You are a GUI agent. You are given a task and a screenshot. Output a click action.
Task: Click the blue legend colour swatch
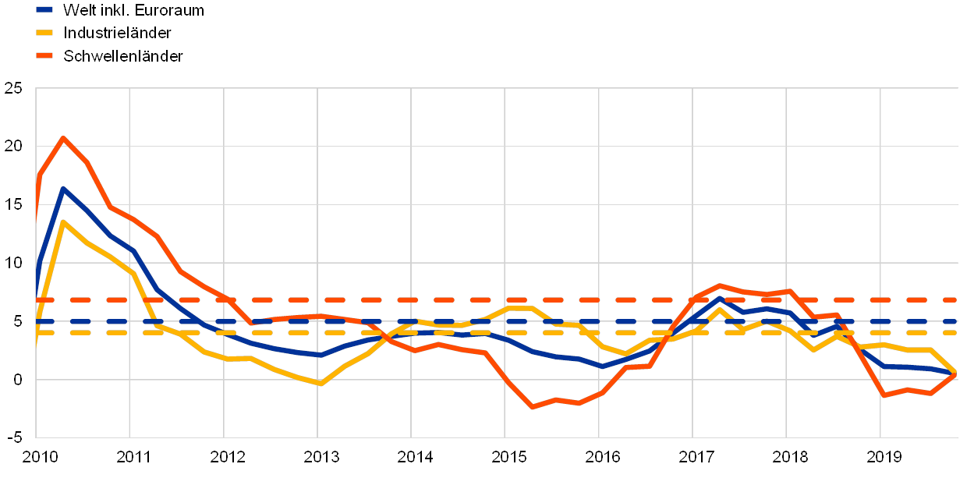pyautogui.click(x=44, y=10)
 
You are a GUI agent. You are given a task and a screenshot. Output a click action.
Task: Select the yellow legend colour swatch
pyautogui.click(x=44, y=33)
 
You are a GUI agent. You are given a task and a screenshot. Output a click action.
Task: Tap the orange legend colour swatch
pyautogui.click(x=44, y=55)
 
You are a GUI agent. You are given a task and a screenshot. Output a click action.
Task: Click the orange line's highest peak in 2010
pyautogui.click(x=63, y=138)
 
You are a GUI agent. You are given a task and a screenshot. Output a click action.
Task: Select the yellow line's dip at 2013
pyautogui.click(x=320, y=384)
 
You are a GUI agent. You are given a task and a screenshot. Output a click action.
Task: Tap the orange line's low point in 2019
pyautogui.click(x=884, y=395)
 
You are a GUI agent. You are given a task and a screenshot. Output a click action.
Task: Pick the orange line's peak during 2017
pyautogui.click(x=719, y=285)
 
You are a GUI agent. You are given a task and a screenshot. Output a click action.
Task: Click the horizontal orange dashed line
pyautogui.click(x=468, y=299)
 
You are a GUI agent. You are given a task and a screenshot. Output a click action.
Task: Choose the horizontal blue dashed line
pyautogui.click(x=468, y=321)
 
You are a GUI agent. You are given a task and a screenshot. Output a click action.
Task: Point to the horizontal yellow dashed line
pyautogui.click(x=468, y=332)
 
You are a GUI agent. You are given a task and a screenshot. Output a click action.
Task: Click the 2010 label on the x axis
pyautogui.click(x=37, y=456)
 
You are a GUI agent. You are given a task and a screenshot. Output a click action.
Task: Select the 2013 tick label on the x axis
pyautogui.click(x=319, y=456)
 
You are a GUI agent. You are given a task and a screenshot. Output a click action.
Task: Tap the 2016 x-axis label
pyautogui.click(x=600, y=456)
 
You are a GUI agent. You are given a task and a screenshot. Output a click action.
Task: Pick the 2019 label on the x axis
pyautogui.click(x=881, y=456)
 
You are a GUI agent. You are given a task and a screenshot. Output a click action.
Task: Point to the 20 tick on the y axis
pyautogui.click(x=13, y=147)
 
